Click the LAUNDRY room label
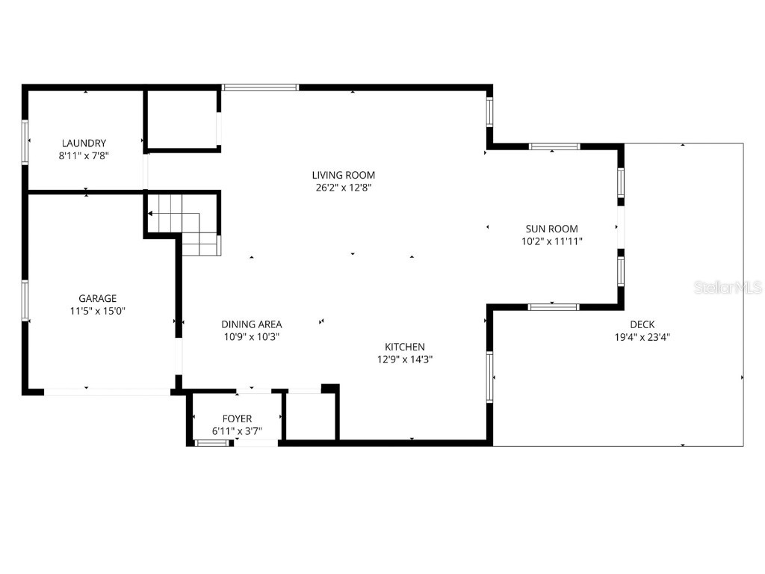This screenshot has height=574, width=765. point(84,143)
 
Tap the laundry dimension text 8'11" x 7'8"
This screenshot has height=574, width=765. point(84,155)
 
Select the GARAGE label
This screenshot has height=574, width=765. point(98,298)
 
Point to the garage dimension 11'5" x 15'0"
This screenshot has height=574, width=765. point(98,311)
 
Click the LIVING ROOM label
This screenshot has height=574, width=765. point(343,175)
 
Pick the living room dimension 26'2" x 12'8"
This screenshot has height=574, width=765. point(343,188)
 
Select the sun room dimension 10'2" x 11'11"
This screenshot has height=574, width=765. point(551,241)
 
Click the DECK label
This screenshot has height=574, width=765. point(642,324)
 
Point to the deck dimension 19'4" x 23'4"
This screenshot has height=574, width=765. point(642,336)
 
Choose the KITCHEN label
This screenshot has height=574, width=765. point(405,346)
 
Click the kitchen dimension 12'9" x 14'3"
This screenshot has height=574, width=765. point(405,359)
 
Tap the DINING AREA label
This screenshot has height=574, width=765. point(251,324)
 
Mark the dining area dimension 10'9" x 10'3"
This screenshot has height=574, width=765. point(251,336)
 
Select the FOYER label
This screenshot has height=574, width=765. point(237,419)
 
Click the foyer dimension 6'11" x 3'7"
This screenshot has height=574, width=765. point(237,431)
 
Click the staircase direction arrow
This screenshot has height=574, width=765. point(152,213)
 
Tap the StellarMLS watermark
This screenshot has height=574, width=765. point(727,287)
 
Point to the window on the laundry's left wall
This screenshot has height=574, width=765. point(25,142)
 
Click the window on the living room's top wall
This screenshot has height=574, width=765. point(261,87)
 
